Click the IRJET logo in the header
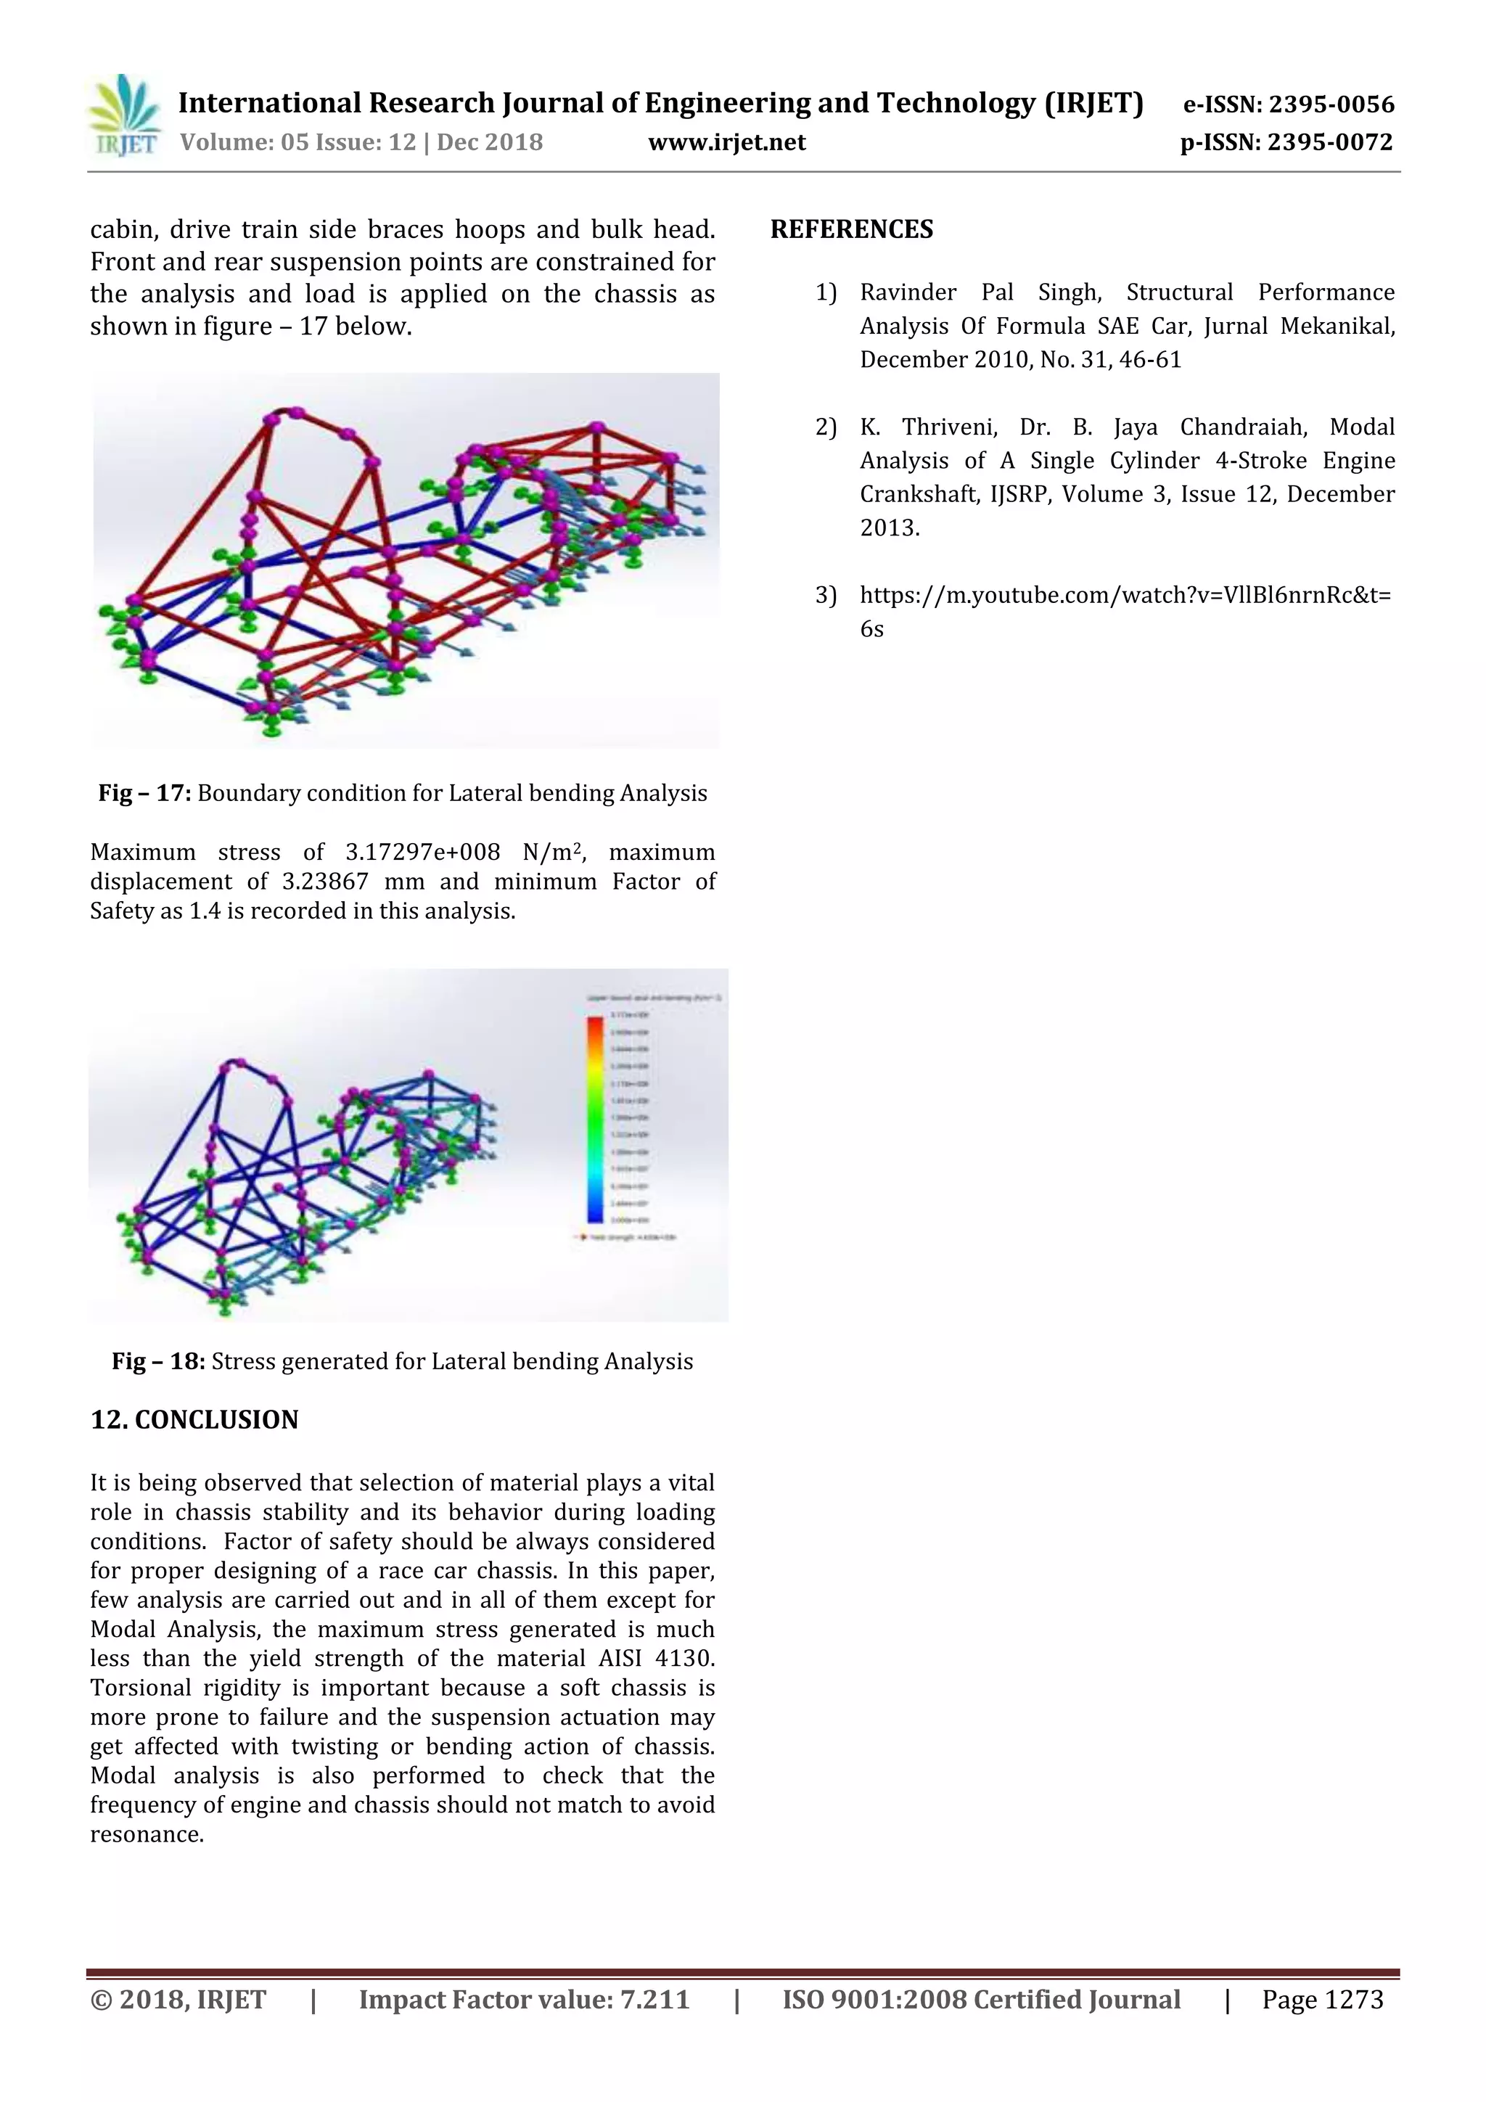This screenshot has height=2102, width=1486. (123, 116)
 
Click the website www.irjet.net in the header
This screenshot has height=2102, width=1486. (727, 143)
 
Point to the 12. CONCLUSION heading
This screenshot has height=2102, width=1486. (194, 1419)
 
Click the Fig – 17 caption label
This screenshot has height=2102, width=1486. (144, 793)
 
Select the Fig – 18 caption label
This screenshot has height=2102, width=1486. (158, 1361)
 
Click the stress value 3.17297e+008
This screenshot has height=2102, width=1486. (422, 853)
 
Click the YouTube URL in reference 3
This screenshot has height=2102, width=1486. (1125, 596)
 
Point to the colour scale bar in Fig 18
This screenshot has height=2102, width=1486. (595, 1119)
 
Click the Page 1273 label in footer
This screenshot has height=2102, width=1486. (1322, 2000)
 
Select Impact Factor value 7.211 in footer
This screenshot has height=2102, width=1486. (524, 2000)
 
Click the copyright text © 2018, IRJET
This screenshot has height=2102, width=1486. (178, 2000)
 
